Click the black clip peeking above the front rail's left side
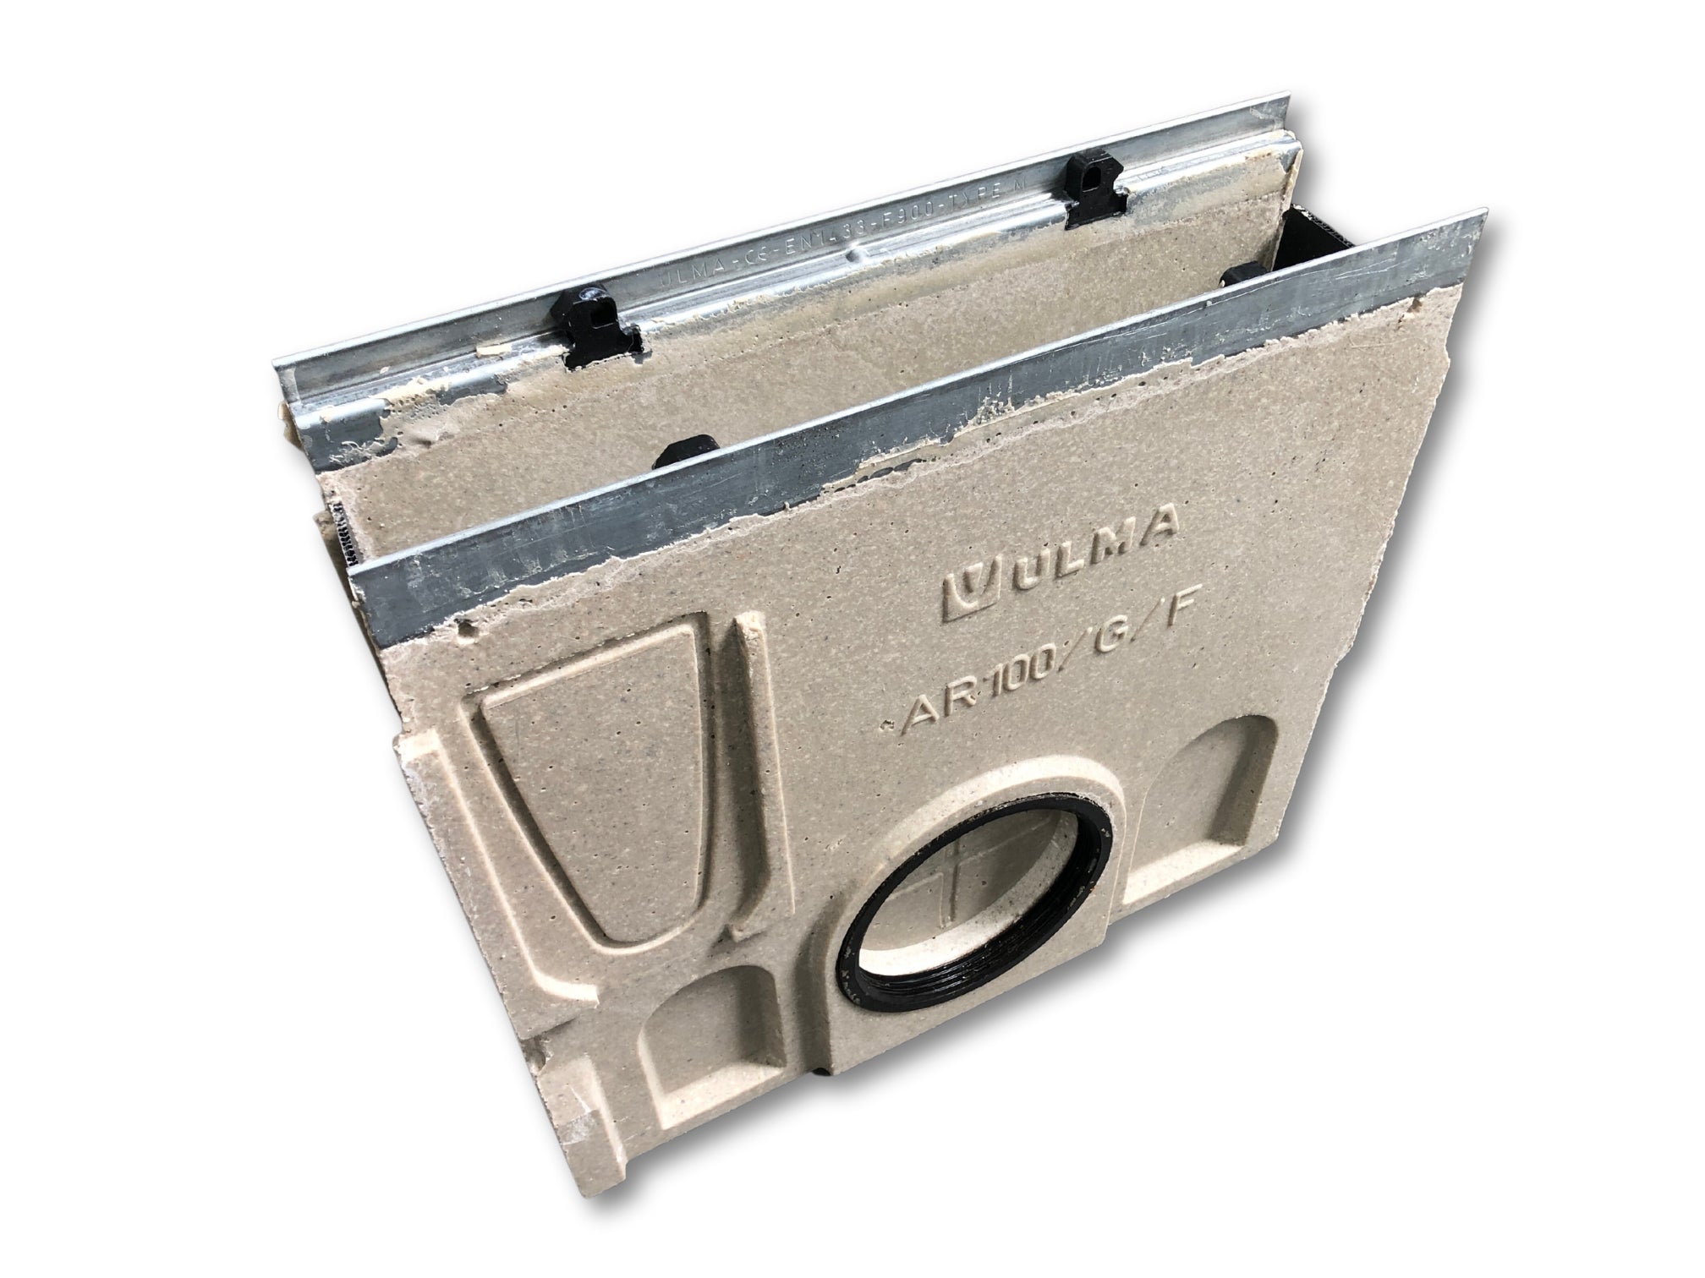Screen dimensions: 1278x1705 coord(685,451)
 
